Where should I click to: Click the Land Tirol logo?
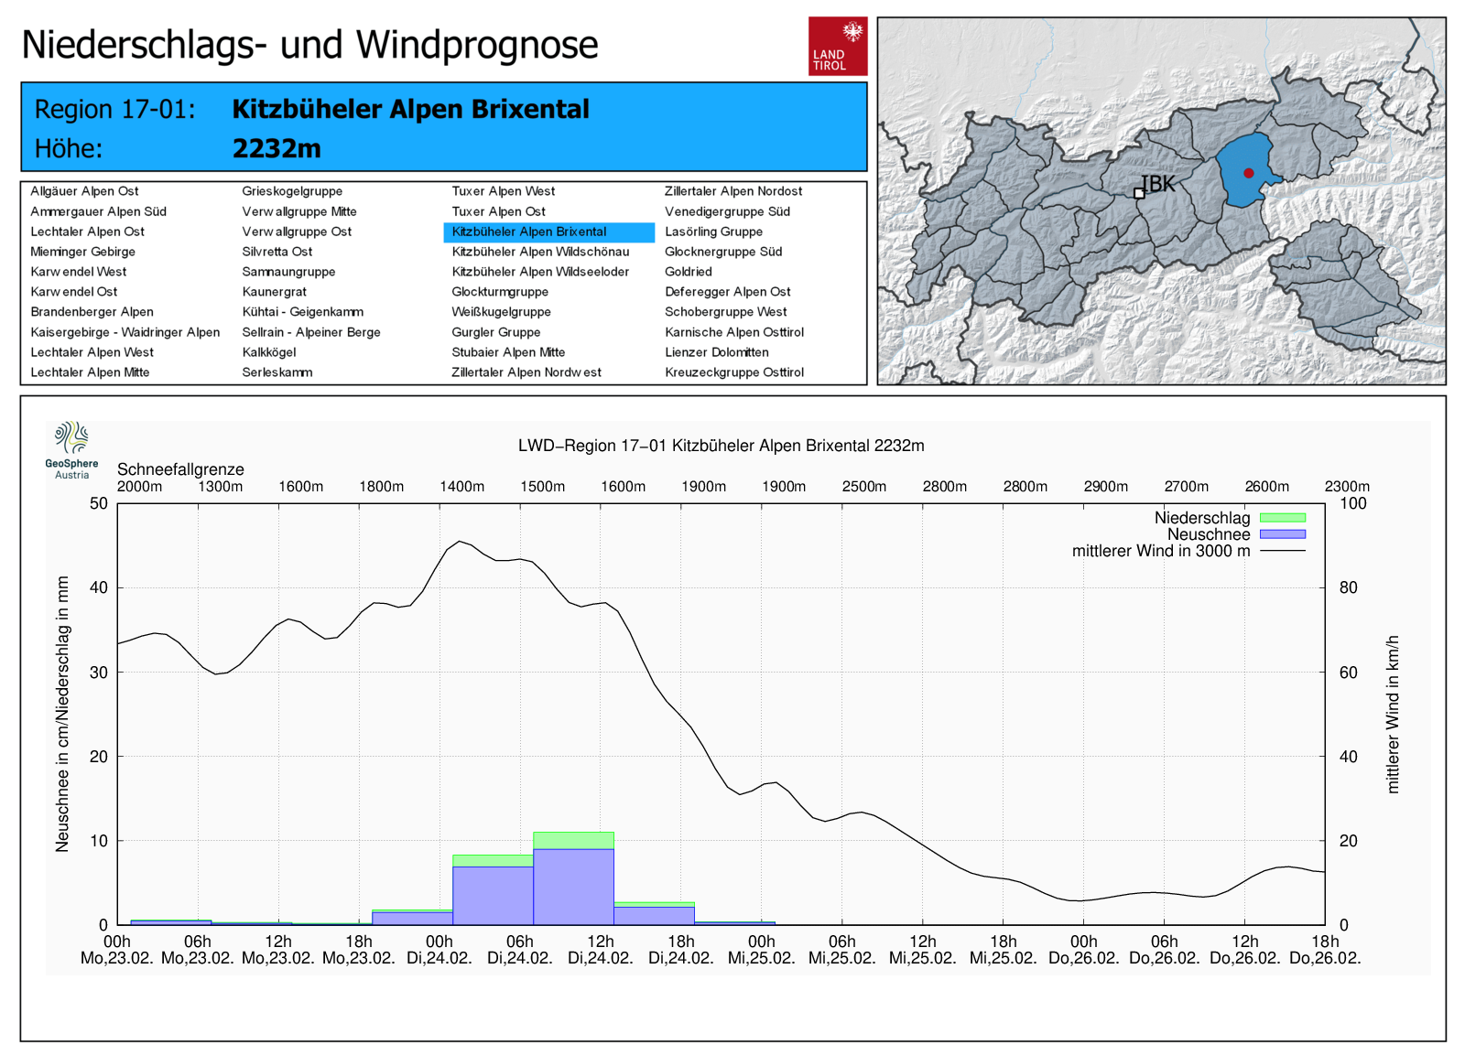837,46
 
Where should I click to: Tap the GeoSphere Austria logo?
71,449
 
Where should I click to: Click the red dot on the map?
1248,173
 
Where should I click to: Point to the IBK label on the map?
1158,184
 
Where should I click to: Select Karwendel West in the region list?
79,272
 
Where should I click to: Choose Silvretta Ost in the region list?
277,252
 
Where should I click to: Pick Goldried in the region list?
689,272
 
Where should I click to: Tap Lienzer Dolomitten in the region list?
717,352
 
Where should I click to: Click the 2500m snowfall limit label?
864,487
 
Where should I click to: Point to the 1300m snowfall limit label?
221,487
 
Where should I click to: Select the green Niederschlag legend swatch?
1282,518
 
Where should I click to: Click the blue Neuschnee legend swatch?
1282,534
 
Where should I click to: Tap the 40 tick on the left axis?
98,587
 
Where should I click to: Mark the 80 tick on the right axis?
1349,587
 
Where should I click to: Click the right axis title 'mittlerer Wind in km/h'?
1393,714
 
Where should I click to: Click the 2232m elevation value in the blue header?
277,148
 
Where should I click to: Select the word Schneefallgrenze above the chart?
180,469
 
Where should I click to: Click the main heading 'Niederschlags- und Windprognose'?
309,45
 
